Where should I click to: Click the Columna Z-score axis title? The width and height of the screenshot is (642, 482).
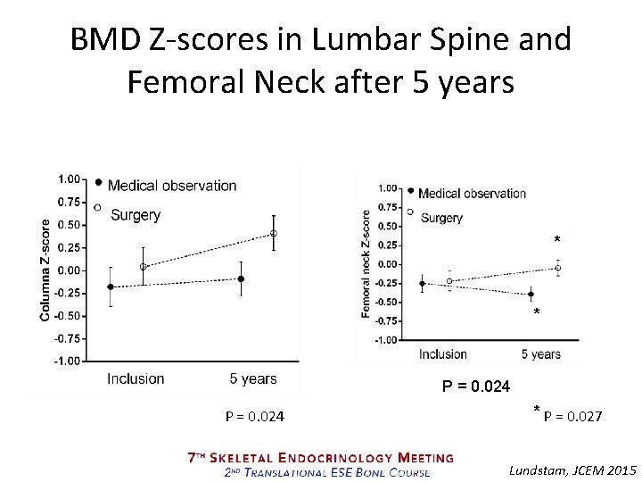[x=45, y=270]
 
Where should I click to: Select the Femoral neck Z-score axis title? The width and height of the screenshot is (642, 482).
[x=366, y=264]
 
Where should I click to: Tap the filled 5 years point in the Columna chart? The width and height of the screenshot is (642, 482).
[x=241, y=278]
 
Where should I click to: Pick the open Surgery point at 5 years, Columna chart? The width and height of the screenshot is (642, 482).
[x=274, y=234]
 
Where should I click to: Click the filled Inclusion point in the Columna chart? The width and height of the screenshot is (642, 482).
[x=111, y=287]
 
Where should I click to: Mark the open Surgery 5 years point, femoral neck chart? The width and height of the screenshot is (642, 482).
[x=557, y=268]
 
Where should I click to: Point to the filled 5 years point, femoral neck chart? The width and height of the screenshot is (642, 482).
[x=531, y=294]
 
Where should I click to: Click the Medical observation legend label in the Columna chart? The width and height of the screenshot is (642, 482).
[x=172, y=186]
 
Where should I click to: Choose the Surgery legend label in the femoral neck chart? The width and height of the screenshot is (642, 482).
[x=441, y=218]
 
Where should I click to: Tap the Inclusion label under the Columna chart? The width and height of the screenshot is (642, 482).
[x=136, y=378]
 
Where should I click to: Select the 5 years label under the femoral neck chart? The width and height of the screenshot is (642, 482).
[x=541, y=354]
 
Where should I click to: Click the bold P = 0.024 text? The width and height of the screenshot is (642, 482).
[x=476, y=386]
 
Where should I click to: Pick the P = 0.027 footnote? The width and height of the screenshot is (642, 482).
[x=572, y=417]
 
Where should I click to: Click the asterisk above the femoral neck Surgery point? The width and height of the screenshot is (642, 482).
[x=556, y=239]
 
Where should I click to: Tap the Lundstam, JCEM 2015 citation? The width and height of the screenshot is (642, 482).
[x=572, y=470]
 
